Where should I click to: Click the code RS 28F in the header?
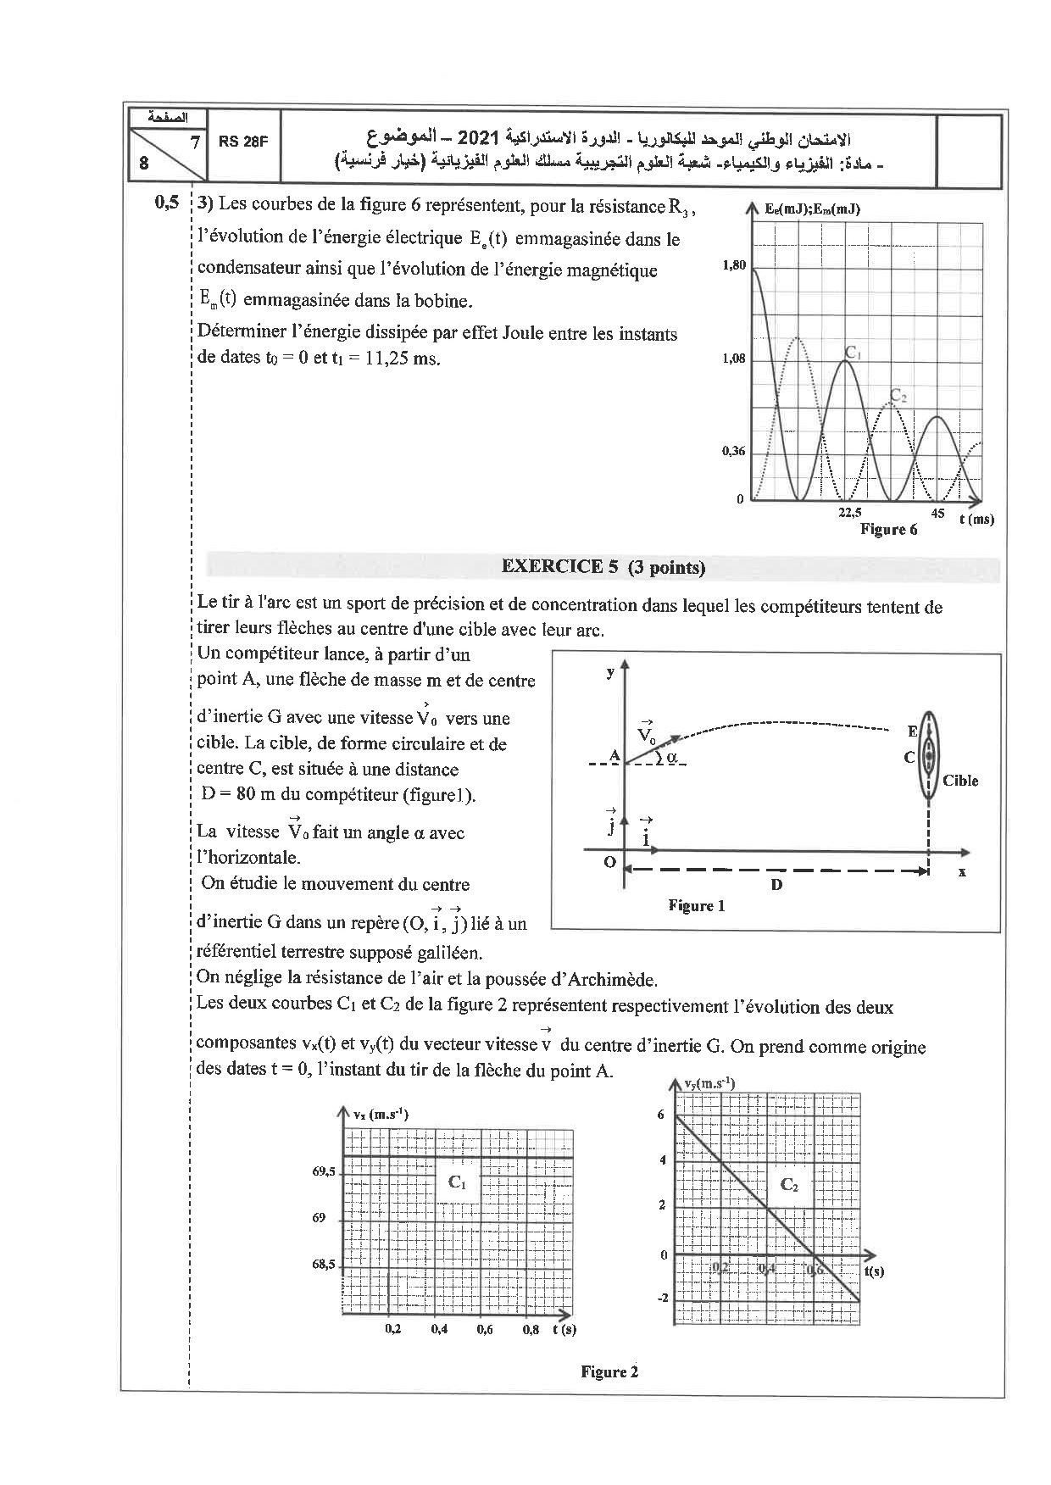(x=242, y=142)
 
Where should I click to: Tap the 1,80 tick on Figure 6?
(x=734, y=265)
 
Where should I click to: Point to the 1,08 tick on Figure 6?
(x=734, y=359)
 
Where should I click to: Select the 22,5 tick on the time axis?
(x=849, y=512)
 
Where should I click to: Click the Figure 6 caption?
(x=888, y=529)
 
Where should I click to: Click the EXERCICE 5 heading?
(x=603, y=567)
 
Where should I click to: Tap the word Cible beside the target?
(x=960, y=781)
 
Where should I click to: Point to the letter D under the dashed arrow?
(x=776, y=884)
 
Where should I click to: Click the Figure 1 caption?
(x=696, y=905)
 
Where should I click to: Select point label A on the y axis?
(x=614, y=755)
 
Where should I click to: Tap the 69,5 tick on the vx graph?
(x=325, y=1173)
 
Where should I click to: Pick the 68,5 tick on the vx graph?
(x=325, y=1265)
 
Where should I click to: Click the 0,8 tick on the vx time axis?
(x=531, y=1330)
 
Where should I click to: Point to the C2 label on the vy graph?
(x=788, y=1185)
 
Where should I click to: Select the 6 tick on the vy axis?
(x=661, y=1115)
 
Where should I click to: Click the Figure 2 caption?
(x=609, y=1372)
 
